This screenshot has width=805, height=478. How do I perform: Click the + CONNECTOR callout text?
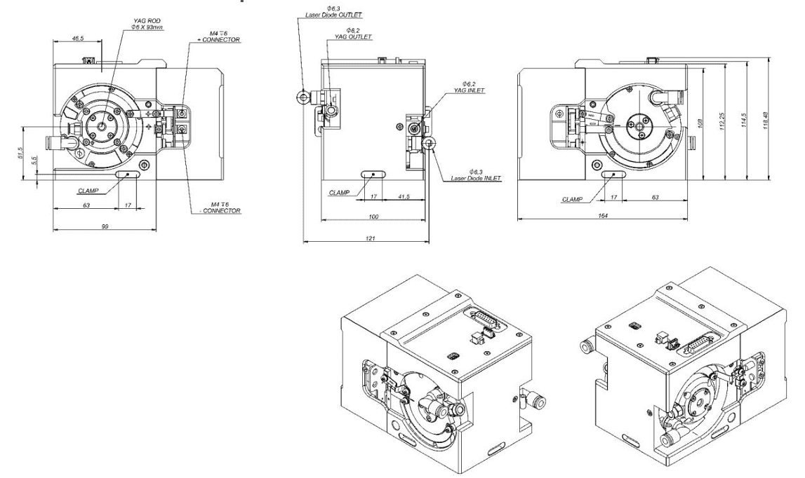click(x=220, y=41)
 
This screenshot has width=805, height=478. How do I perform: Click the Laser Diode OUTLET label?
click(x=329, y=15)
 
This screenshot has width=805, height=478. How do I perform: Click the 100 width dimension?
click(x=373, y=217)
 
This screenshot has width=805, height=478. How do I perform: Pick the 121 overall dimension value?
click(x=369, y=239)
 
